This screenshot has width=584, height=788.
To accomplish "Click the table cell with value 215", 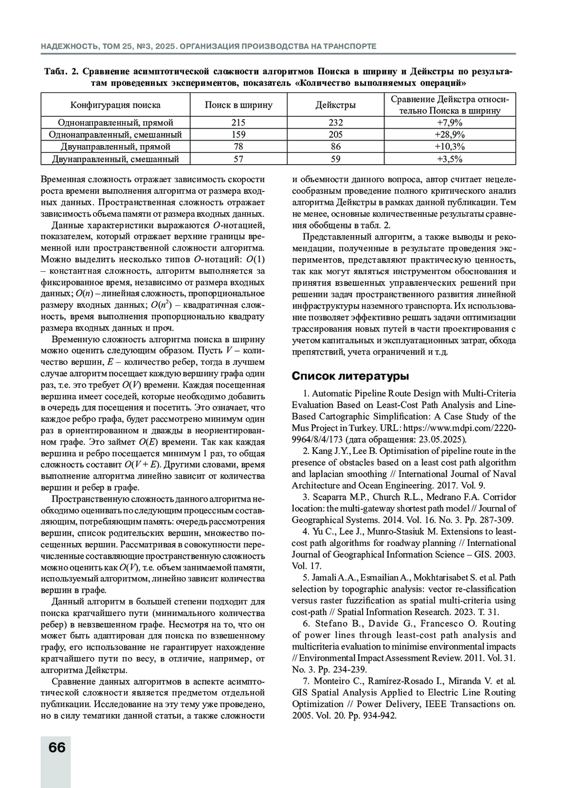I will (x=238, y=123).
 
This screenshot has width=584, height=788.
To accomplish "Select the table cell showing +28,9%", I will (x=450, y=135).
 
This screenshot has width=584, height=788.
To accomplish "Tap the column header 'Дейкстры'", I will (x=335, y=105).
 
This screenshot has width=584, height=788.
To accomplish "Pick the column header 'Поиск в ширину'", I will (x=238, y=105).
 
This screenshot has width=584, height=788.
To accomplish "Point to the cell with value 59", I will (x=335, y=159).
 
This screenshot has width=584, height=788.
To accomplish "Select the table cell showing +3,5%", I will (x=450, y=159).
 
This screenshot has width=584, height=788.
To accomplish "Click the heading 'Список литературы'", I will (x=350, y=376).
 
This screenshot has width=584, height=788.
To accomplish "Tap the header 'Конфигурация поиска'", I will (x=115, y=105).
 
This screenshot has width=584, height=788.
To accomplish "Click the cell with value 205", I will (x=335, y=135).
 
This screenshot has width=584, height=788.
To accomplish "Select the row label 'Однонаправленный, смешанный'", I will (x=115, y=135).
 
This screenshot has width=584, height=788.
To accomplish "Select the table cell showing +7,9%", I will (x=450, y=123).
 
